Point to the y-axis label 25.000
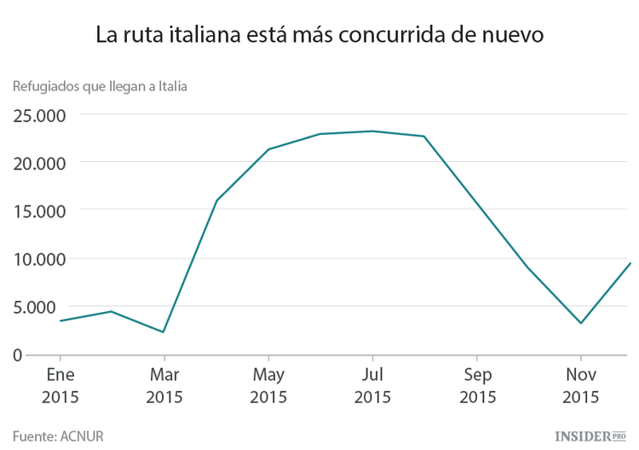click(42, 115)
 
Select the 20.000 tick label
click(42, 163)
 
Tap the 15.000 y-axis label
click(42, 211)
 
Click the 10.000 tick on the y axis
click(42, 259)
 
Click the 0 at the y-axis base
click(18, 355)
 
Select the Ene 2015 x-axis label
click(60, 385)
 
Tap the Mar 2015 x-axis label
click(164, 385)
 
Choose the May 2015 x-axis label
click(268, 385)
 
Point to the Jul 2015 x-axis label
click(372, 385)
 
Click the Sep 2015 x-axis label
click(477, 385)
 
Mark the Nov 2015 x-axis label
click(581, 385)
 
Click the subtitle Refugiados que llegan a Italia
click(100, 85)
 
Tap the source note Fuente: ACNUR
click(58, 436)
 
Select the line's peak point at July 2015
click(372, 131)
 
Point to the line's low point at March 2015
click(164, 332)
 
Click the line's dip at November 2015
click(581, 323)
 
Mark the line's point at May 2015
click(268, 149)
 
